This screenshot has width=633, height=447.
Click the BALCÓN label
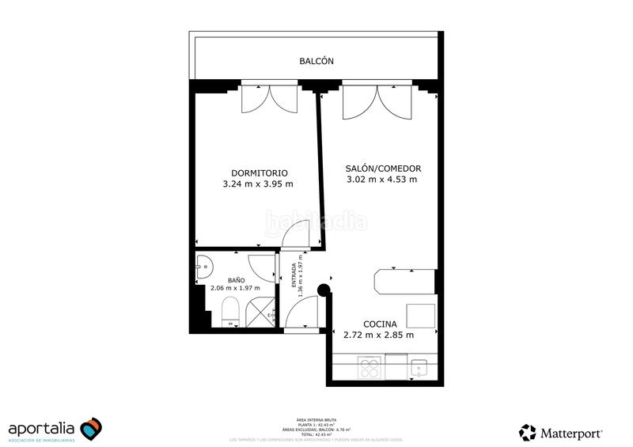click(316, 61)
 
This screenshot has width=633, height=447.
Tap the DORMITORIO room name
click(259, 172)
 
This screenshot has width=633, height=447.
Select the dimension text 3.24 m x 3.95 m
click(259, 184)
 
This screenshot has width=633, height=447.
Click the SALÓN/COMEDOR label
click(383, 168)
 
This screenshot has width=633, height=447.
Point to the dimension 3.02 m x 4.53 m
click(382, 180)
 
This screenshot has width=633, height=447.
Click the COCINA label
click(381, 324)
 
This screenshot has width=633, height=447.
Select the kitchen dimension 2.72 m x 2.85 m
click(381, 335)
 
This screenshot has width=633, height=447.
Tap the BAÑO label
click(236, 280)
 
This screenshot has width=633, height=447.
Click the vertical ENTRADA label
click(293, 279)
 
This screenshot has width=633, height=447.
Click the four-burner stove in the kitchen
click(370, 367)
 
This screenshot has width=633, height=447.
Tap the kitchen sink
click(419, 368)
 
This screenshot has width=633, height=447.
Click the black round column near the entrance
click(323, 290)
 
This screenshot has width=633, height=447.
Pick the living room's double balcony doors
click(377, 100)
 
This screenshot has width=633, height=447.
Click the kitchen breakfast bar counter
click(404, 281)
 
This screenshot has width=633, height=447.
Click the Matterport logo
click(561, 432)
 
